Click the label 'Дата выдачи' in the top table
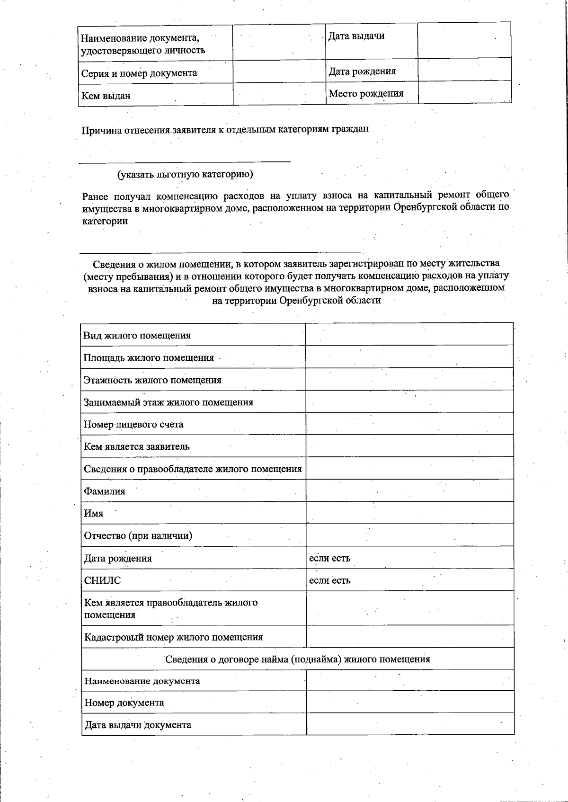tap(356, 36)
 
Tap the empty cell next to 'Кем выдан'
tap(279, 95)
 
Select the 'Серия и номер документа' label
tap(139, 73)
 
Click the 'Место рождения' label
tap(366, 93)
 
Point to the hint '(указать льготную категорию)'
tap(185, 174)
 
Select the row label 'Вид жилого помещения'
tap(137, 336)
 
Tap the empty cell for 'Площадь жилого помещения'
tap(409, 357)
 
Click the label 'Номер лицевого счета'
tap(133, 425)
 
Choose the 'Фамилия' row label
tap(105, 491)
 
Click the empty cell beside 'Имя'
tap(409, 513)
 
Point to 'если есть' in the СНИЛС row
tap(330, 580)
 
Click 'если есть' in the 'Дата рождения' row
tap(330, 558)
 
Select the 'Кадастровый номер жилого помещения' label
tap(173, 637)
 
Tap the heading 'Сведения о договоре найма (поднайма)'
tap(297, 659)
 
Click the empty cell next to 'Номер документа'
tap(409, 702)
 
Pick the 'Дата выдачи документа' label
tap(138, 725)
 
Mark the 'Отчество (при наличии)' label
tap(138, 536)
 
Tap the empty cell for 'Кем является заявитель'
tap(409, 446)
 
